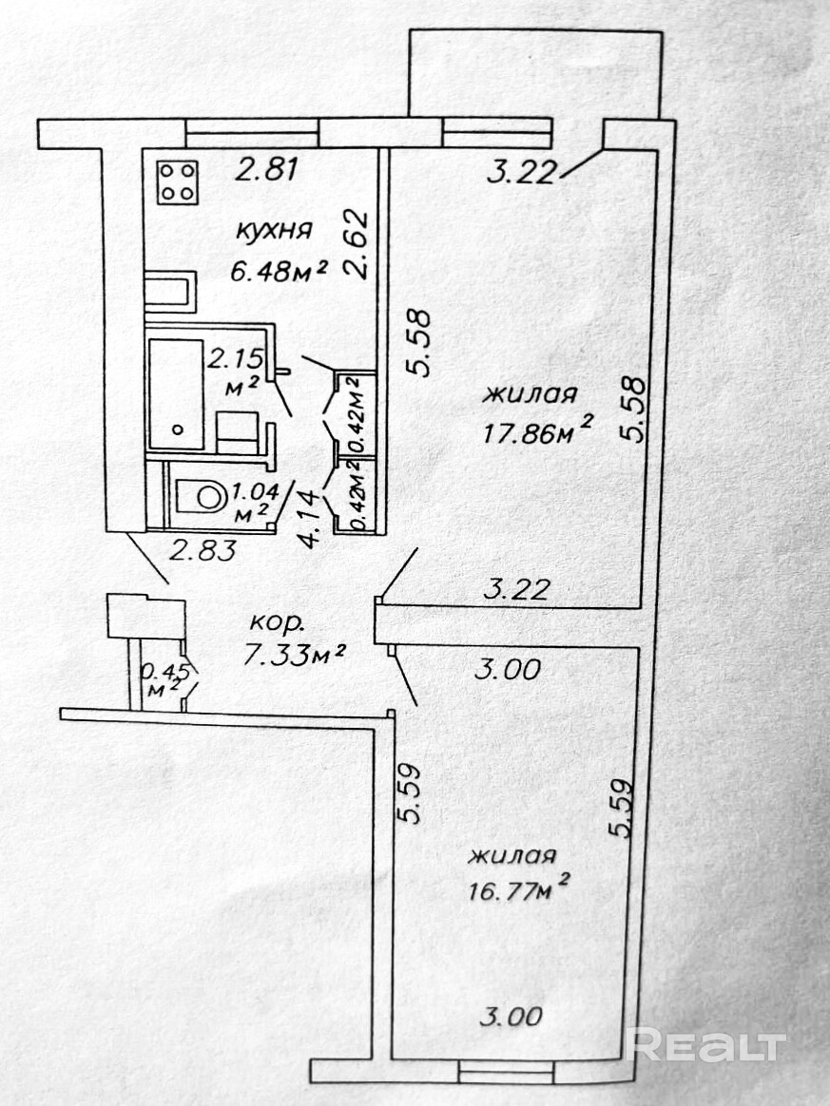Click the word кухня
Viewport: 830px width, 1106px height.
click(274, 231)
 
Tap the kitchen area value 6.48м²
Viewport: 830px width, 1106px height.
click(279, 270)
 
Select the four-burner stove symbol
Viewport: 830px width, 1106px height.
click(178, 182)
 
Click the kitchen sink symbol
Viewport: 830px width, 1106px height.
click(171, 292)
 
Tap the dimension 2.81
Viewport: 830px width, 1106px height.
click(268, 170)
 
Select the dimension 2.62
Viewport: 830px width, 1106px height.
click(357, 244)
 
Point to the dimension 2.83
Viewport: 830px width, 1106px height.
click(203, 549)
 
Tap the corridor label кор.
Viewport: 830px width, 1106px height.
click(278, 623)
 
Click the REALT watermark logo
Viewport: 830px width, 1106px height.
click(705, 1045)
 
